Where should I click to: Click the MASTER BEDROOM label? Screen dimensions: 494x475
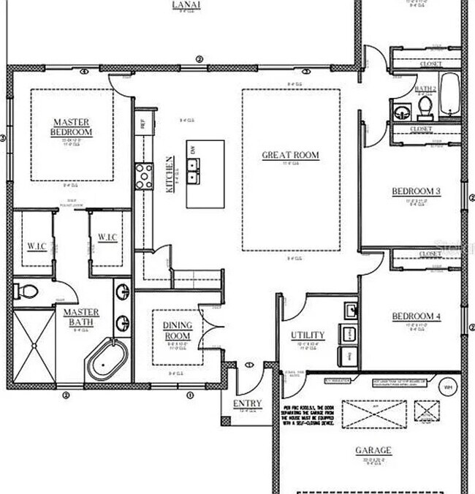tap(72, 126)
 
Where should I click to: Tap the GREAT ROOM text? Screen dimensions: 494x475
tap(291, 155)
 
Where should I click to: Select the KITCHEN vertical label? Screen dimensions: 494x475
tap(170, 174)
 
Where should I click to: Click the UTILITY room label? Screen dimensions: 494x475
tap(308, 335)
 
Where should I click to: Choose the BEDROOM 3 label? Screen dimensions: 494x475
tap(415, 191)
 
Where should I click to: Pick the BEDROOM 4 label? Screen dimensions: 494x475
tap(415, 316)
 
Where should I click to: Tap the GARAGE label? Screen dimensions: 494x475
tap(373, 450)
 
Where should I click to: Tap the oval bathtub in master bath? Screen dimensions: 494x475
tap(107, 359)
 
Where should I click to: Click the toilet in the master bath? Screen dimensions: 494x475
tap(26, 292)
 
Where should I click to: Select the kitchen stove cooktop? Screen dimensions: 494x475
tap(144, 175)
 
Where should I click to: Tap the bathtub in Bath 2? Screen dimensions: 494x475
tap(449, 95)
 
